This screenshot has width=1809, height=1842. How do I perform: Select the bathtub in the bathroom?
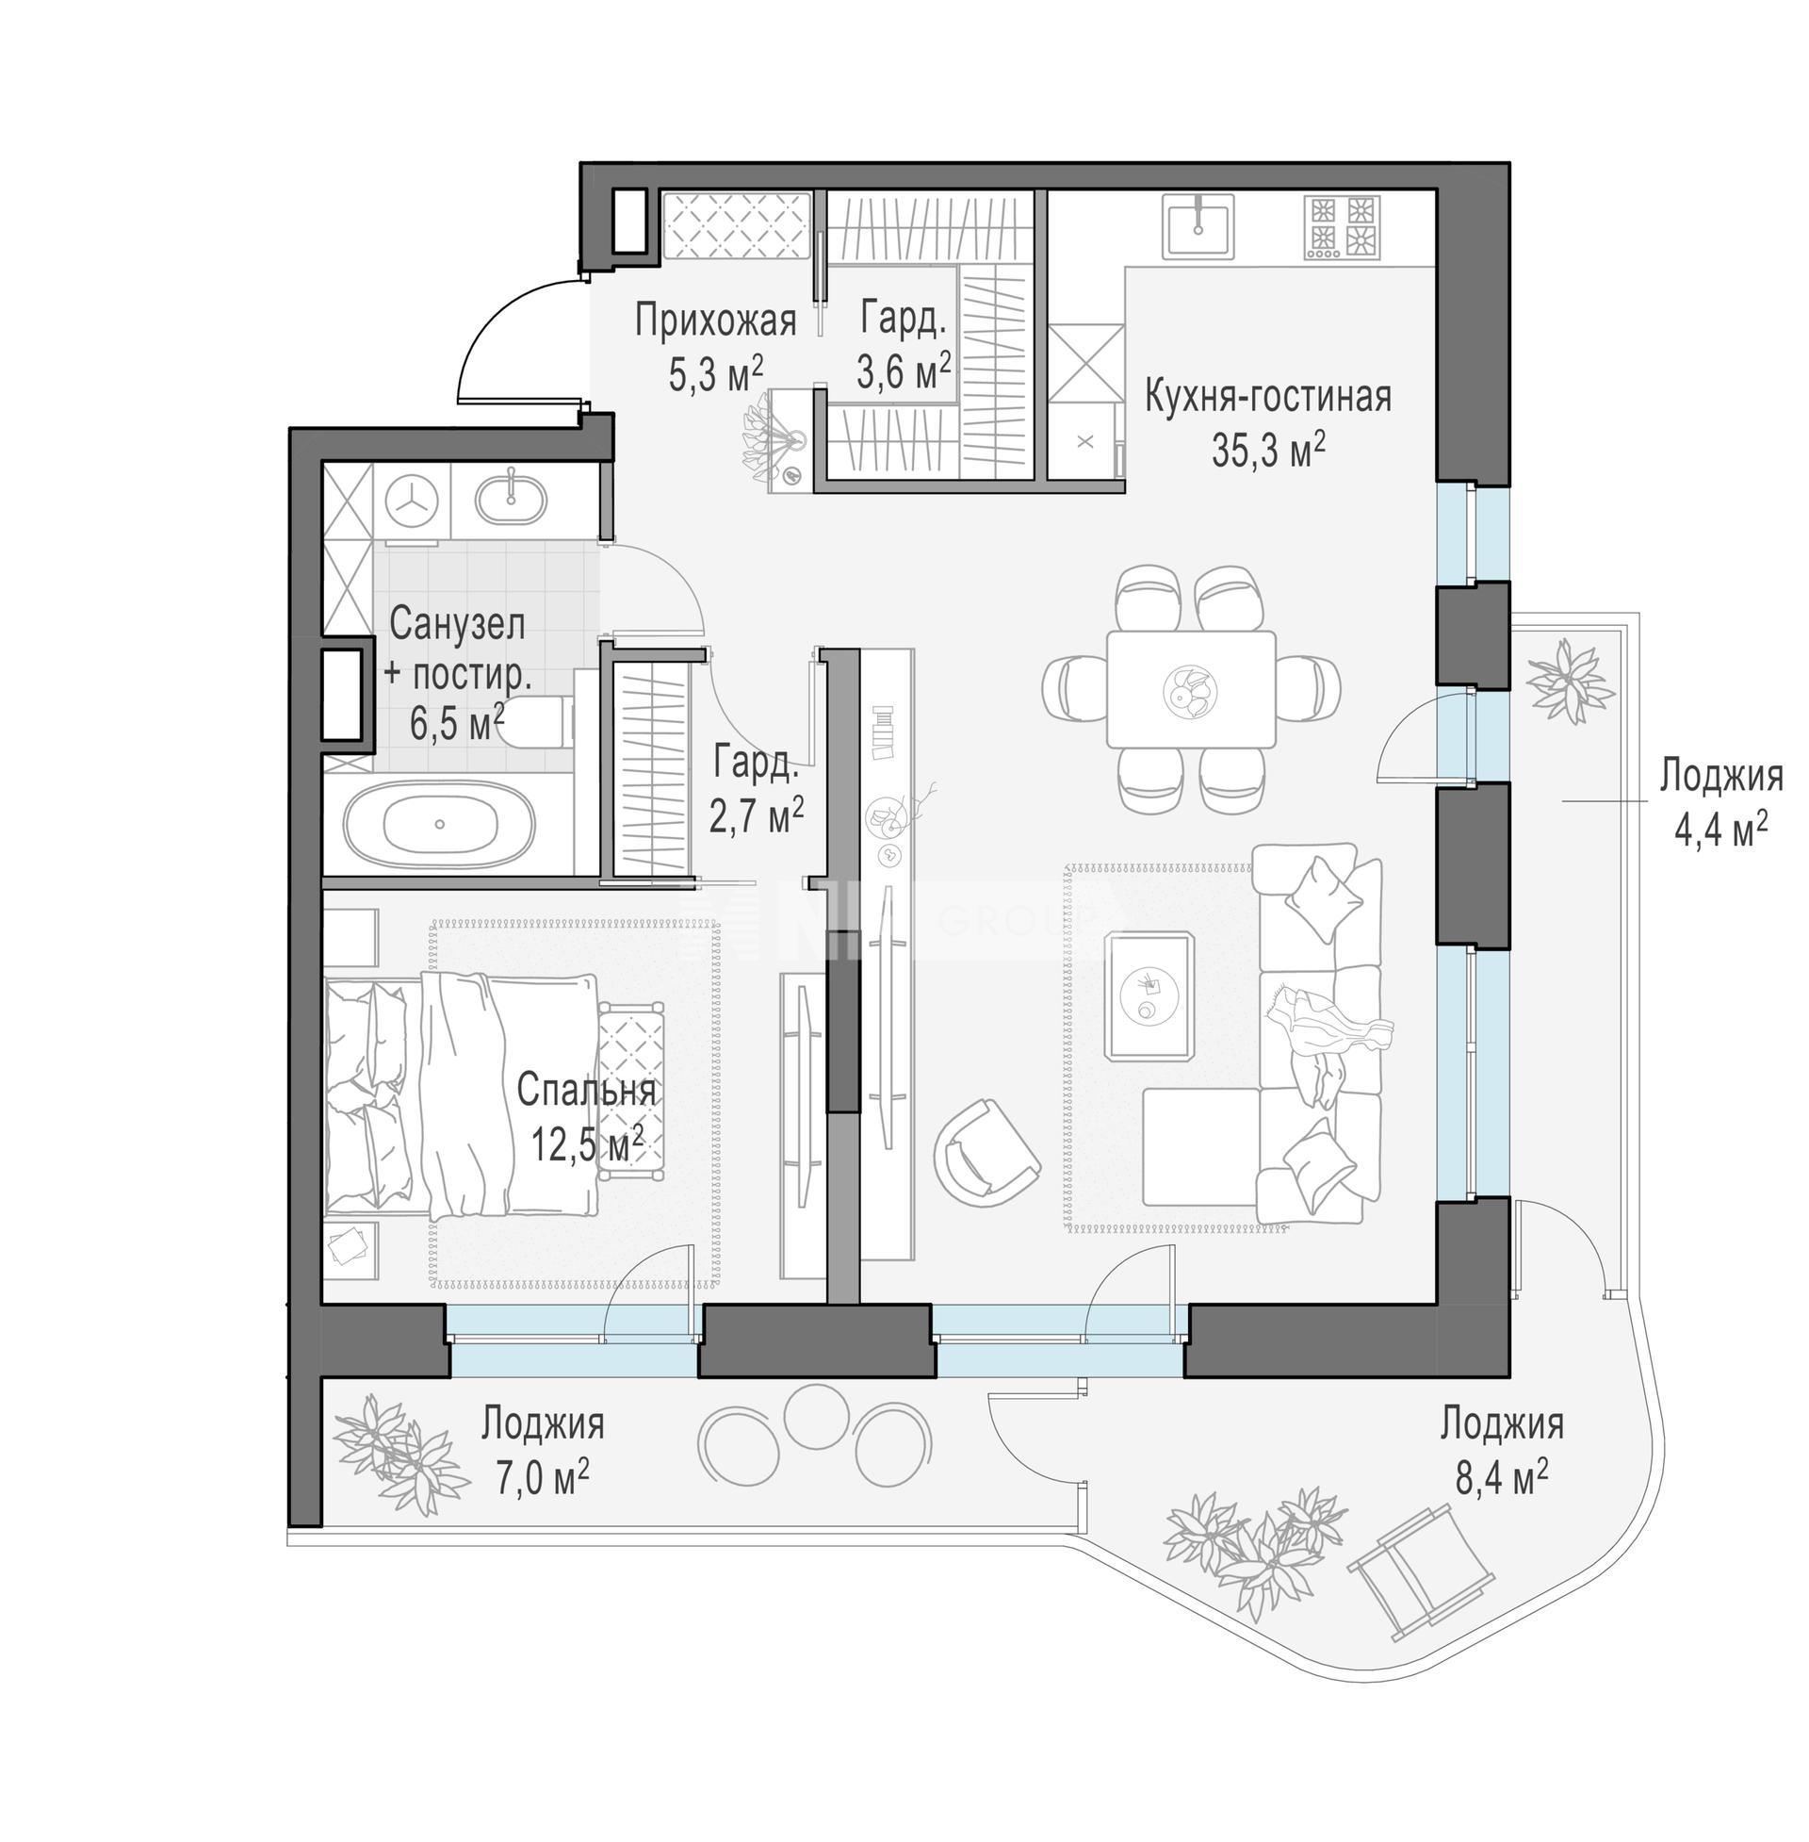[x=439, y=823]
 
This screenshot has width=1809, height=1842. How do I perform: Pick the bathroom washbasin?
[x=512, y=498]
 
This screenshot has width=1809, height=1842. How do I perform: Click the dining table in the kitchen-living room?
[x=1192, y=689]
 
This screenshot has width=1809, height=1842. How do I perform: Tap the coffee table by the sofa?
[x=1150, y=996]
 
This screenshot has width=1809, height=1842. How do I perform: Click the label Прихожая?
[x=715, y=321]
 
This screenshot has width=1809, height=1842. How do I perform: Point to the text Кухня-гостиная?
[x=1267, y=396]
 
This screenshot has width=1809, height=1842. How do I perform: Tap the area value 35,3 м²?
[x=1267, y=451]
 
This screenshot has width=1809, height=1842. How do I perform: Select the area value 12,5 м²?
[x=586, y=1146]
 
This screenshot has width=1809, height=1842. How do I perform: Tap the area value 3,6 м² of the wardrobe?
[x=903, y=371]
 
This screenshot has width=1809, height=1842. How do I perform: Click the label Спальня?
[x=586, y=1091]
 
